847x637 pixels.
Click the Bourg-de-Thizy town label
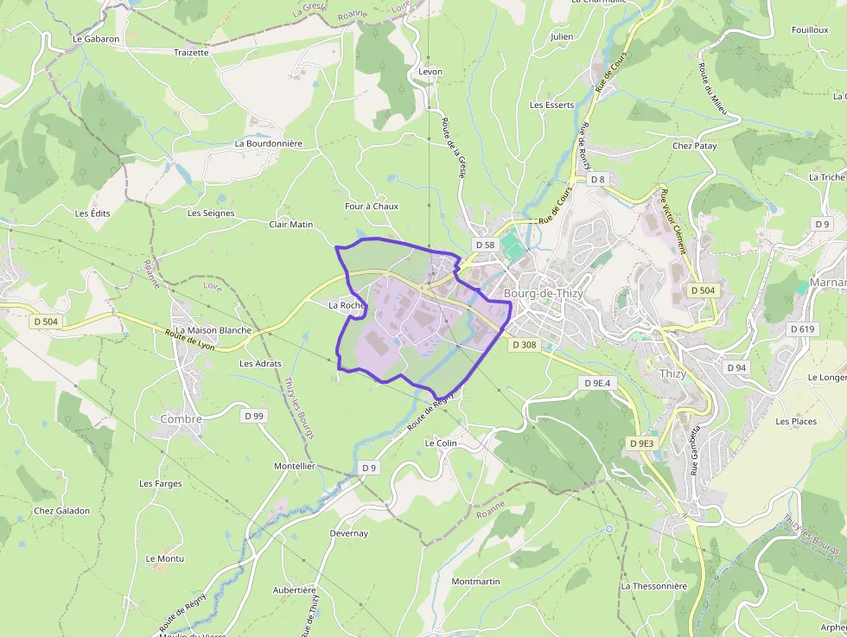click(543, 294)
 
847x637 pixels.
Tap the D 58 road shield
click(484, 245)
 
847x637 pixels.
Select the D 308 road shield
click(524, 344)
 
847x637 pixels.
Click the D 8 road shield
click(597, 179)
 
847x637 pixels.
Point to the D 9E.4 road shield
click(596, 382)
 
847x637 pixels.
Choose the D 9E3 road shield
click(641, 443)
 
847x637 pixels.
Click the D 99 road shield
click(253, 416)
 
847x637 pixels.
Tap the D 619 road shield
click(802, 329)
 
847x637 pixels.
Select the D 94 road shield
click(736, 367)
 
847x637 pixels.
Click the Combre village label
click(181, 419)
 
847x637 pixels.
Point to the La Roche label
click(347, 305)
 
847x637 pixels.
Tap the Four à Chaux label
click(372, 207)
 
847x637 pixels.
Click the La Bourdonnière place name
click(269, 143)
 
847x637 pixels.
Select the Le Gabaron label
click(96, 39)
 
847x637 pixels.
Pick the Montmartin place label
click(475, 582)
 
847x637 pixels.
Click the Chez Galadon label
click(61, 511)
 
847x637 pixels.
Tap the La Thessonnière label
click(653, 586)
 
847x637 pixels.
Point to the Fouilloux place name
click(810, 30)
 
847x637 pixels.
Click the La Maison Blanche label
click(213, 330)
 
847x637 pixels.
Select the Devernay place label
click(348, 533)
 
